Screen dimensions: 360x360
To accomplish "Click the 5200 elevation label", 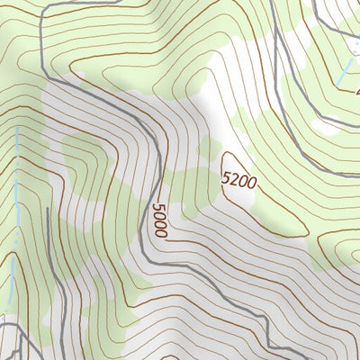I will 239,180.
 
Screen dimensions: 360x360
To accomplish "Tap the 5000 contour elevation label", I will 159,220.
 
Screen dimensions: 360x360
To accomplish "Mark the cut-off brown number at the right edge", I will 356,93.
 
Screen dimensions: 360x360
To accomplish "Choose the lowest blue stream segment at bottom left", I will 9,288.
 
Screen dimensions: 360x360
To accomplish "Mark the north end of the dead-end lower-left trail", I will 46,209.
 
